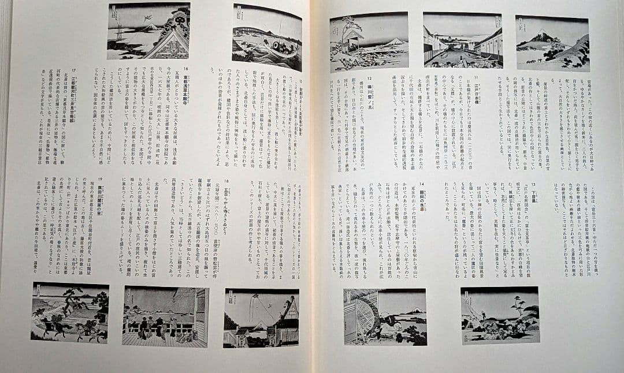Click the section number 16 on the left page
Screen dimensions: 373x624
186,68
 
